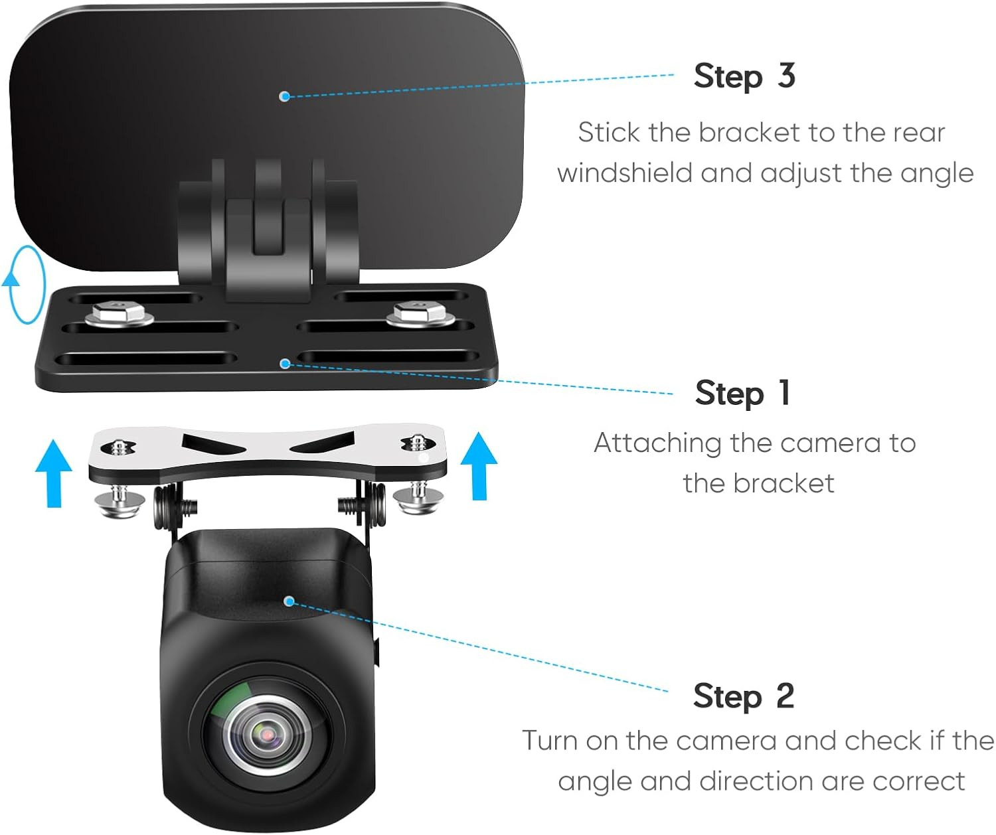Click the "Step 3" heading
(x=744, y=76)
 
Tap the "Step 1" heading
(x=742, y=394)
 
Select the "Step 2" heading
(x=744, y=697)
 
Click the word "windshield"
(x=625, y=173)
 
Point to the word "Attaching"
(x=657, y=445)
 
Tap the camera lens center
(x=267, y=735)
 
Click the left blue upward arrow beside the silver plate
(x=53, y=473)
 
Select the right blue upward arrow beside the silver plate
(x=479, y=466)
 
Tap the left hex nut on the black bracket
(x=119, y=314)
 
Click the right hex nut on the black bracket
(x=420, y=314)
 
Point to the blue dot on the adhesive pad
(x=284, y=96)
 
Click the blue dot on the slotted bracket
(x=286, y=364)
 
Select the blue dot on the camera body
(x=289, y=601)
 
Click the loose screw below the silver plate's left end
(x=120, y=500)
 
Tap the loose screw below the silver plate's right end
(x=418, y=497)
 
